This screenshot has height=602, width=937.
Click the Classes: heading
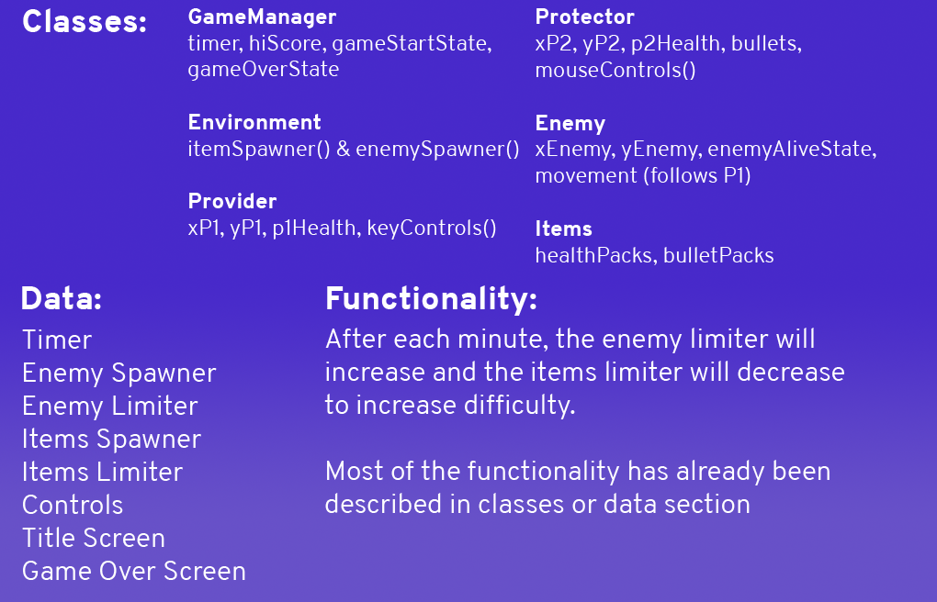(85, 21)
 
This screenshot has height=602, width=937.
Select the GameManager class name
(262, 17)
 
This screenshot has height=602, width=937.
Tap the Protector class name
(584, 17)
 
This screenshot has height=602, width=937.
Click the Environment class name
(254, 122)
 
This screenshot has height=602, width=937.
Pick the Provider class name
(231, 201)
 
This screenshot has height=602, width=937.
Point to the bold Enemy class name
(570, 124)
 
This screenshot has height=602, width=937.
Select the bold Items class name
(563, 229)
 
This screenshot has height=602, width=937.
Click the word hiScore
(286, 44)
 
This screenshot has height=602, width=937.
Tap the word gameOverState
(263, 69)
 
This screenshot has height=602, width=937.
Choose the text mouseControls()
(615, 71)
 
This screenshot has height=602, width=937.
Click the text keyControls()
(432, 229)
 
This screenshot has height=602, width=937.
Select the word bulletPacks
(718, 256)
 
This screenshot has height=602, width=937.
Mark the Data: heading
(62, 298)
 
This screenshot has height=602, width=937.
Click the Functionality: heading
(431, 298)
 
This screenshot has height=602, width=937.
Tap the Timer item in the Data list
(57, 340)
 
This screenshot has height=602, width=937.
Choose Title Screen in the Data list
(93, 538)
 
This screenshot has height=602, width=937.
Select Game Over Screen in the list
(134, 571)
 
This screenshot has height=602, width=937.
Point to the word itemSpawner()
(259, 150)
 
